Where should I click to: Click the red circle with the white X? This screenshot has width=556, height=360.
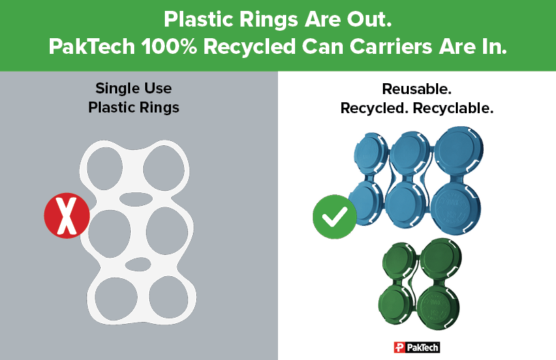67,216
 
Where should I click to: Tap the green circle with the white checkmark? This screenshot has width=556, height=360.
335,217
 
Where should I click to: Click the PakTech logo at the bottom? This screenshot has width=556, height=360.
417,347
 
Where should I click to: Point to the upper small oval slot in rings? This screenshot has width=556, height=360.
136,199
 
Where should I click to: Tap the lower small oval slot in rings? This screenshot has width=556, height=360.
138,263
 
